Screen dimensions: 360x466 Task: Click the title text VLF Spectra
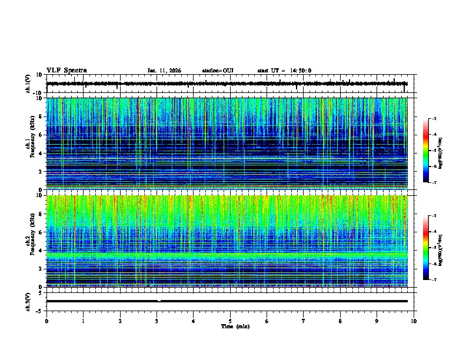pos(66,71)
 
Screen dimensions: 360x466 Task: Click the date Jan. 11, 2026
pos(164,71)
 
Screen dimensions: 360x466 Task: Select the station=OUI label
pos(218,71)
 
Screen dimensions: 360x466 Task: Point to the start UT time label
pos(284,71)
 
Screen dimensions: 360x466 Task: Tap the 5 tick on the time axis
pos(230,321)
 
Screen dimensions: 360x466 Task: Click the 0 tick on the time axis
pos(46,321)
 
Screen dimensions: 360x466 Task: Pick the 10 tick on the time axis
pos(414,321)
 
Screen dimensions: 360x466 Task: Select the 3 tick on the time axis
pos(157,321)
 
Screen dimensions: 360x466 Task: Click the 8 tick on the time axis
pos(340,321)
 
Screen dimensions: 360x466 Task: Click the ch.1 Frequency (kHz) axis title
pos(29,144)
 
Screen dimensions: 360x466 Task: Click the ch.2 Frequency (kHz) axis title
pos(29,241)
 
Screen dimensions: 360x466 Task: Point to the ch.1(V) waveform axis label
pos(29,84)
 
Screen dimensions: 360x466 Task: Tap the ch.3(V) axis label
pos(29,301)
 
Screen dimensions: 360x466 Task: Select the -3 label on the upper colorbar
pos(433,119)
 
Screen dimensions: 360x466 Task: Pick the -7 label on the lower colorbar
pos(433,280)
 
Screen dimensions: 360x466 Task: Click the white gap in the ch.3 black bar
pos(159,301)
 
